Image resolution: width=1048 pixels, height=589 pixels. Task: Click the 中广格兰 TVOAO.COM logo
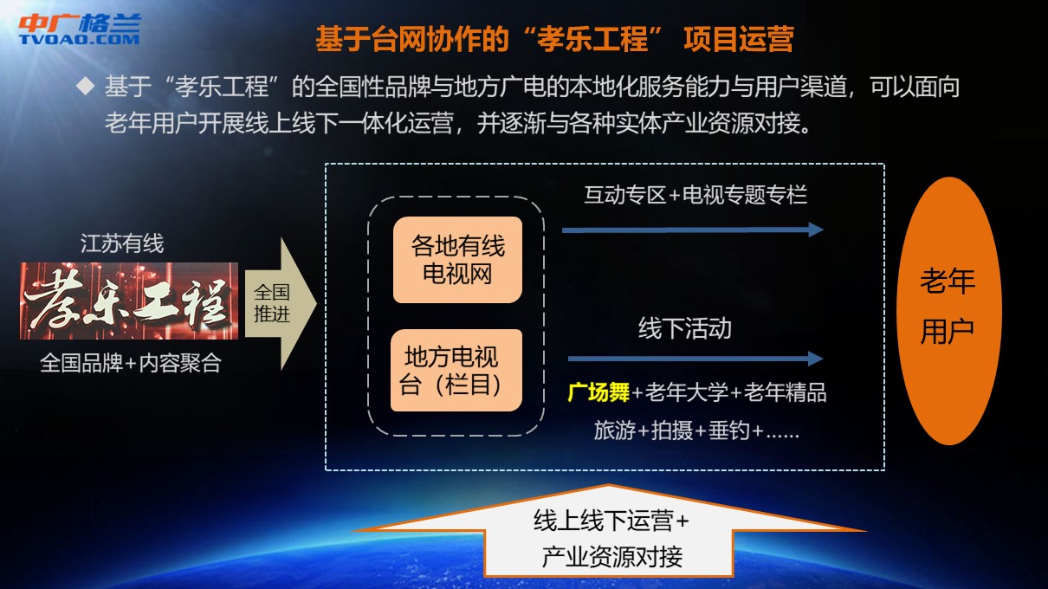click(x=80, y=29)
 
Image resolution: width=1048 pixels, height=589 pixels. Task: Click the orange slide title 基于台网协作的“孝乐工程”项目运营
click(x=554, y=38)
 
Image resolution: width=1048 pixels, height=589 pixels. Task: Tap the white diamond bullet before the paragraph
click(x=86, y=86)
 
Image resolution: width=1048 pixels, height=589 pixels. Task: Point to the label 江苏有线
click(x=122, y=243)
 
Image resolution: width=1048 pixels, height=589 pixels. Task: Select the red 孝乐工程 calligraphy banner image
click(x=129, y=301)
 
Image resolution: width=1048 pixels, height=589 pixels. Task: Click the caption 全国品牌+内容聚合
click(x=131, y=363)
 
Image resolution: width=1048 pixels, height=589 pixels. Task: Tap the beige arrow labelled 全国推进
click(x=281, y=304)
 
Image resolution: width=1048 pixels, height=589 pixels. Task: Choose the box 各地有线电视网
click(x=457, y=260)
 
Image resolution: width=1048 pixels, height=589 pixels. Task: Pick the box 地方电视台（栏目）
click(x=456, y=371)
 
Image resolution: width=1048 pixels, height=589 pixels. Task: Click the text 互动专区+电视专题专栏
click(x=695, y=195)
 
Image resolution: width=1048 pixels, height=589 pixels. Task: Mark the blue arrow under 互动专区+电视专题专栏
click(x=693, y=230)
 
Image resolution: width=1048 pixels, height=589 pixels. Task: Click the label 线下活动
click(x=685, y=328)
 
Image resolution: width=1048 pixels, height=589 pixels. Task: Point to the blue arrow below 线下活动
click(x=695, y=359)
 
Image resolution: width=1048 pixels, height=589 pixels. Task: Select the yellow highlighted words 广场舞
click(x=598, y=392)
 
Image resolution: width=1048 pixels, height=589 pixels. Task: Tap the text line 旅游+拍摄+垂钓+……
click(x=696, y=430)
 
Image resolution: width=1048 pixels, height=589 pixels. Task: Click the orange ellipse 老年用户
click(x=948, y=311)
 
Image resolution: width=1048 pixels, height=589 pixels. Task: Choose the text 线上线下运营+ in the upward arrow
click(x=611, y=521)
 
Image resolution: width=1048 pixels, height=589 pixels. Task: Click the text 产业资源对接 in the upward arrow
click(x=612, y=557)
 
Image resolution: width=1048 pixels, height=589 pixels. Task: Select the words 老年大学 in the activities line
click(x=686, y=392)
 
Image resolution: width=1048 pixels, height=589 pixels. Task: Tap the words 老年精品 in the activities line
click(x=785, y=392)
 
